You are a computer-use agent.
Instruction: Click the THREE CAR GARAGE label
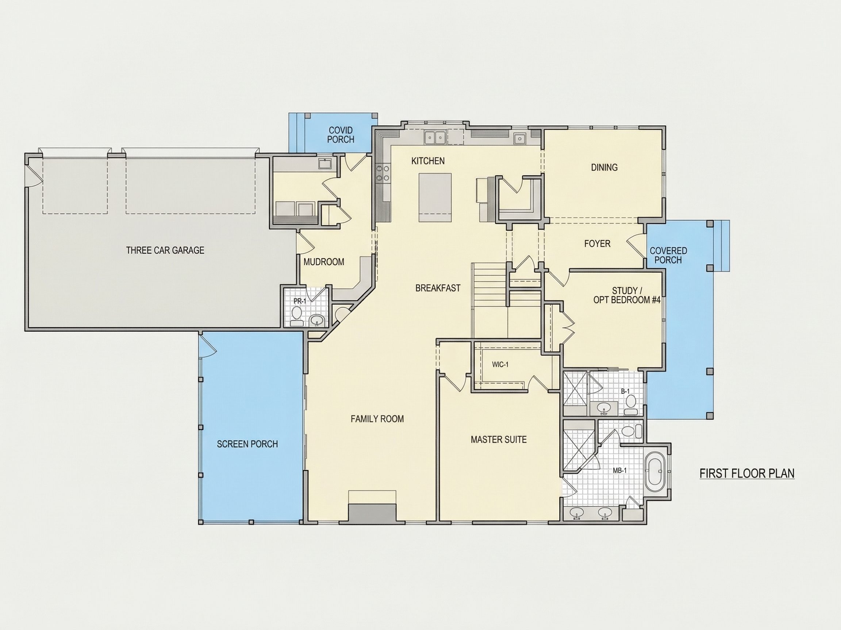(x=165, y=250)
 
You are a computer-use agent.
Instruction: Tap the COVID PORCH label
(x=341, y=135)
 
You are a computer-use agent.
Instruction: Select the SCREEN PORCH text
(x=247, y=444)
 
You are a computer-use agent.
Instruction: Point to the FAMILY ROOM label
(x=377, y=419)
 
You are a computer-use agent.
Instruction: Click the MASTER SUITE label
(x=499, y=440)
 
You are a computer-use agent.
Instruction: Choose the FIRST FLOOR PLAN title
(x=747, y=474)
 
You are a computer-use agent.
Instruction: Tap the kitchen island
(x=435, y=198)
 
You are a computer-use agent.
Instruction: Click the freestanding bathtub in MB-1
(x=654, y=472)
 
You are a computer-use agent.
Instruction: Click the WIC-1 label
(x=500, y=365)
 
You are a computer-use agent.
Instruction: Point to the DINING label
(x=604, y=167)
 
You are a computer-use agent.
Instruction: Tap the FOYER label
(x=597, y=244)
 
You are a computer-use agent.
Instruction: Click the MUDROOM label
(x=324, y=262)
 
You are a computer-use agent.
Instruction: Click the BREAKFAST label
(x=438, y=288)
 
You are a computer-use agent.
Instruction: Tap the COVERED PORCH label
(x=668, y=255)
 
